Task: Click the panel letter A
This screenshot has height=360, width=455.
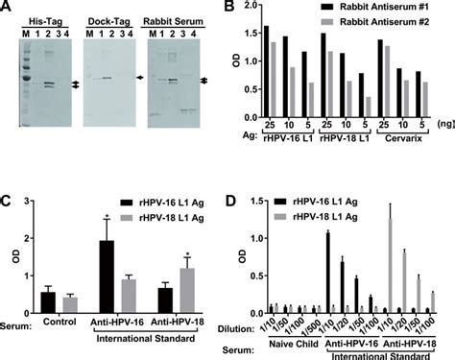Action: click(x=8, y=9)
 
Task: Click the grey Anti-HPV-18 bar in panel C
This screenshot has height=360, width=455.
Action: click(x=190, y=286)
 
